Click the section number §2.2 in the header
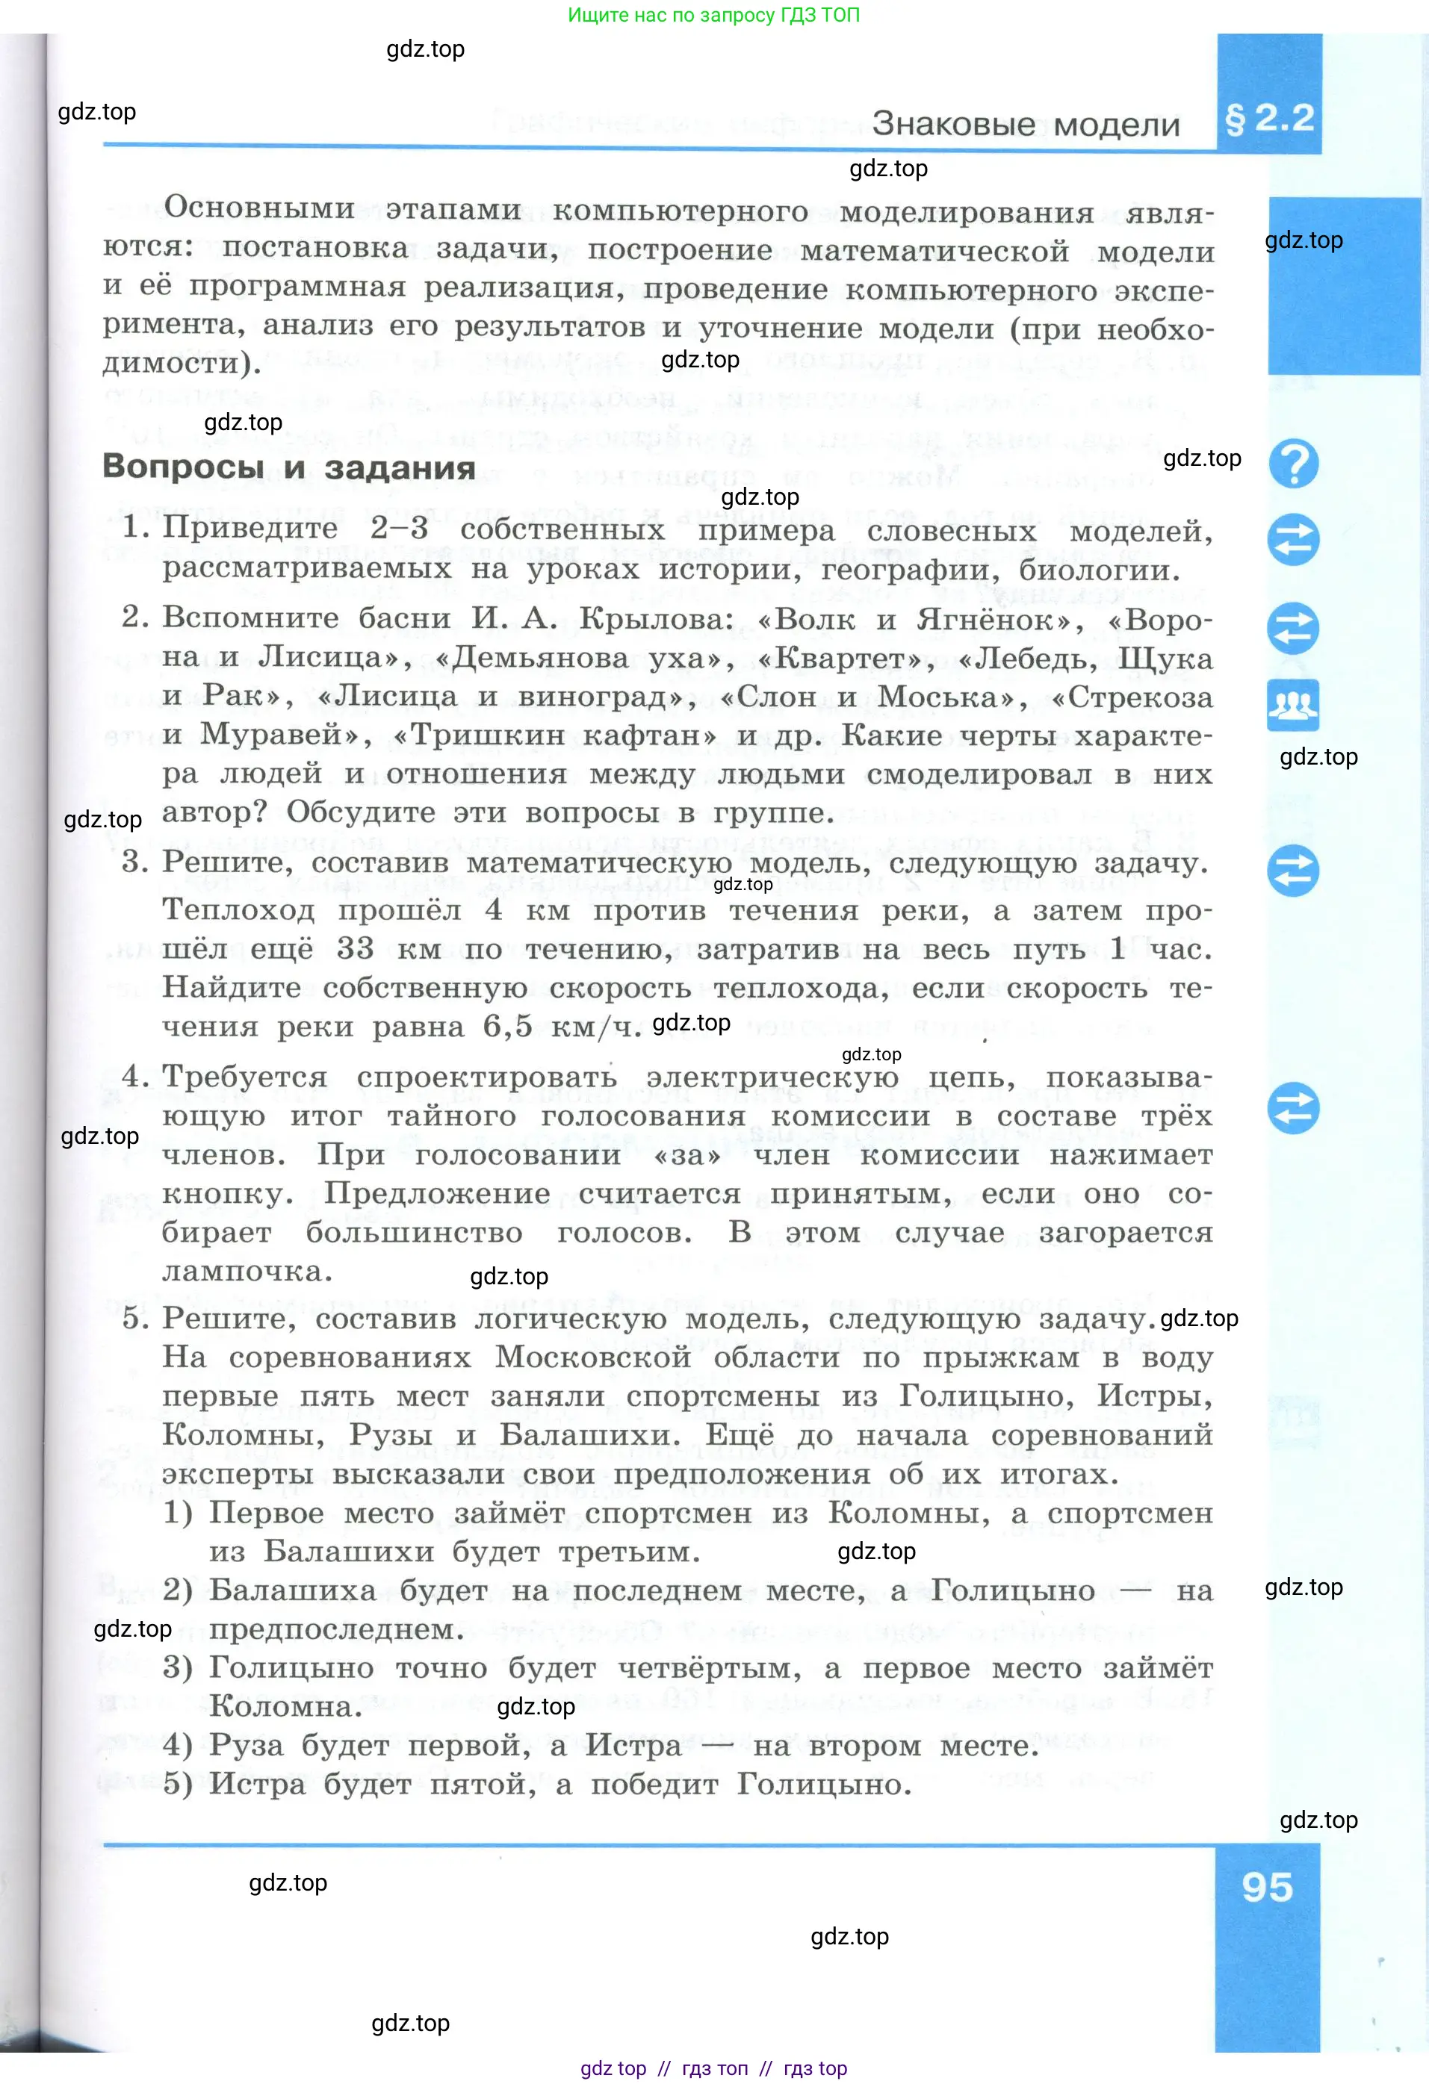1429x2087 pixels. (x=1269, y=118)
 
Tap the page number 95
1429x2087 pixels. (x=1268, y=1887)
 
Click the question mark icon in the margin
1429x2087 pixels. (x=1293, y=464)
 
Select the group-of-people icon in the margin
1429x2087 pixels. (x=1293, y=705)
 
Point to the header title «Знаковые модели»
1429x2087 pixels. (x=1026, y=124)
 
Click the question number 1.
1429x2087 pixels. (x=134, y=527)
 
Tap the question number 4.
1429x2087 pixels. (x=134, y=1076)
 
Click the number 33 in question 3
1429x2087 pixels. (x=354, y=948)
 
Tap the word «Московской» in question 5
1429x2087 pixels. (x=593, y=1357)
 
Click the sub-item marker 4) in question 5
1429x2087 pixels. (x=178, y=1745)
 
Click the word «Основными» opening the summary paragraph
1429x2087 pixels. (x=259, y=208)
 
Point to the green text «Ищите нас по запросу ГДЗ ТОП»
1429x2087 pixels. (x=714, y=15)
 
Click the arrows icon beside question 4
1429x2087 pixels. (x=1293, y=1107)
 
